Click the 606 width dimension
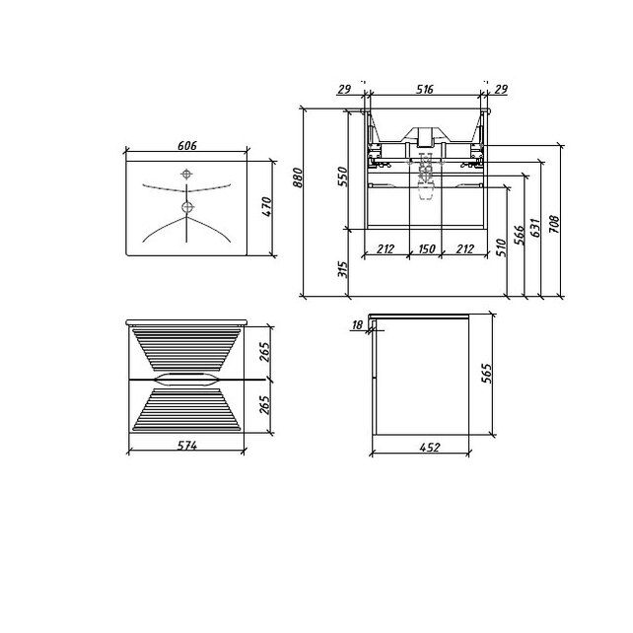(x=187, y=145)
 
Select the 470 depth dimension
(x=267, y=207)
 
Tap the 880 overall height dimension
(x=298, y=177)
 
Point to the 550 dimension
(x=342, y=176)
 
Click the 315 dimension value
(x=342, y=269)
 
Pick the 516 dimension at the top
(x=425, y=89)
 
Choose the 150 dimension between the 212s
(x=426, y=248)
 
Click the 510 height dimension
(x=501, y=247)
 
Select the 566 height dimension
(x=520, y=235)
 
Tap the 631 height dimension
(x=535, y=228)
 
